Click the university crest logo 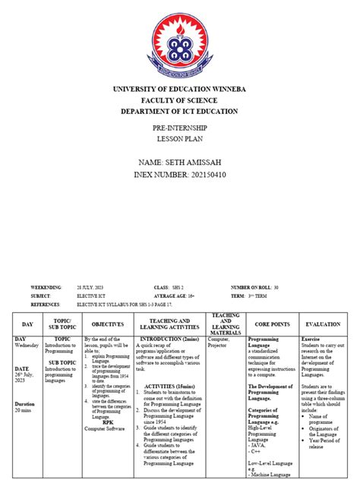[x=179, y=48]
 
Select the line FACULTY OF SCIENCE [x=179, y=101]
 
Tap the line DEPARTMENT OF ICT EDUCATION [x=179, y=112]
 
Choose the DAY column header [x=27, y=324]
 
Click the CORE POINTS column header [x=271, y=324]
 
